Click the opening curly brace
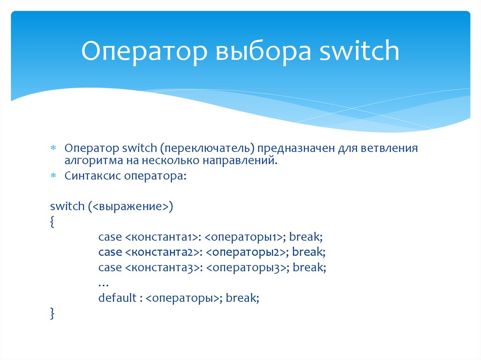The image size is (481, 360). pos(52,222)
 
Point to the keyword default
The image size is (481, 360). pos(117,298)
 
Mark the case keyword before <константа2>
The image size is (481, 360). pos(110,253)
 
